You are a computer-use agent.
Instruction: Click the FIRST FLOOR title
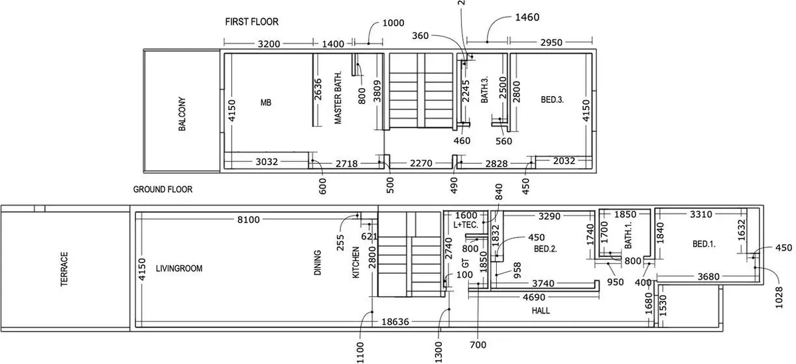point(251,22)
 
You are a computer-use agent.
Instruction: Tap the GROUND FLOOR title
point(163,189)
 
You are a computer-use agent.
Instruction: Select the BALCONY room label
point(182,114)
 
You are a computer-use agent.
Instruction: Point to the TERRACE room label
point(64,269)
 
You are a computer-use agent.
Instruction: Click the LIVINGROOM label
point(179,269)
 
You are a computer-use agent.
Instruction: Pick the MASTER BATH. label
point(338,97)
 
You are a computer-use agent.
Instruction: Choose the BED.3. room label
point(552,100)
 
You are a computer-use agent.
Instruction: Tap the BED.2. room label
point(545,249)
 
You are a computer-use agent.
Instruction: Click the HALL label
point(541,311)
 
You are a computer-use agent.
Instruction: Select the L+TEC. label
point(466,225)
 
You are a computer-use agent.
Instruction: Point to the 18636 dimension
point(395,322)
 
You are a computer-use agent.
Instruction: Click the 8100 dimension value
point(248,220)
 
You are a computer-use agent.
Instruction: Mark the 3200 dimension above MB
point(269,44)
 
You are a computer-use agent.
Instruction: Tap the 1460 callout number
point(527,17)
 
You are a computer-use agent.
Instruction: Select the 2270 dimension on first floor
point(421,163)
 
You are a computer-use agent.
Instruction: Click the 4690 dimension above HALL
point(534,297)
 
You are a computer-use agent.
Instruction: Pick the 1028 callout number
point(779,298)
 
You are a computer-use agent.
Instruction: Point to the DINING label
point(318,263)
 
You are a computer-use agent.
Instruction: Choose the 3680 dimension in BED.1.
point(708,276)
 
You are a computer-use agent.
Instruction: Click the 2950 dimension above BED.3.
point(551,42)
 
